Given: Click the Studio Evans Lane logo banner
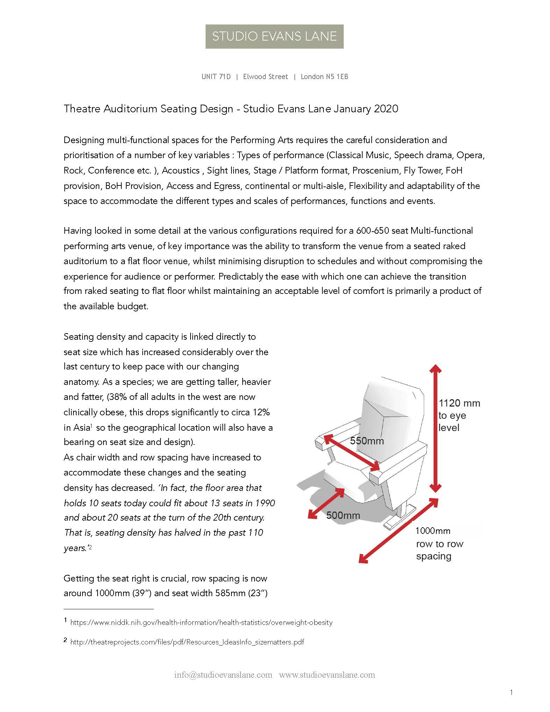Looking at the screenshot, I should click(274, 36).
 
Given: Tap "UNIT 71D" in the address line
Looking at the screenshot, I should click(216, 77).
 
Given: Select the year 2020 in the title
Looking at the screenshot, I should click(386, 109).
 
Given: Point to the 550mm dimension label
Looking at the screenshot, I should click(367, 441).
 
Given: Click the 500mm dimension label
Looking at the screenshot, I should click(343, 515).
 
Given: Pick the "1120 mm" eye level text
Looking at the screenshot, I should click(459, 403).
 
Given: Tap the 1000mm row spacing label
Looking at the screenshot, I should click(433, 531).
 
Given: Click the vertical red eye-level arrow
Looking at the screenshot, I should click(435, 429).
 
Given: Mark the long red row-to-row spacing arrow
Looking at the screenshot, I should click(399, 530).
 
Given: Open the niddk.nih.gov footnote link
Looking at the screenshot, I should click(201, 622).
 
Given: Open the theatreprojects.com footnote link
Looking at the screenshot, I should click(187, 642).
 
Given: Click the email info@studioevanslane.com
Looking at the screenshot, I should click(223, 675).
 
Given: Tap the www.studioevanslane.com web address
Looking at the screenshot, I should click(327, 675).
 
